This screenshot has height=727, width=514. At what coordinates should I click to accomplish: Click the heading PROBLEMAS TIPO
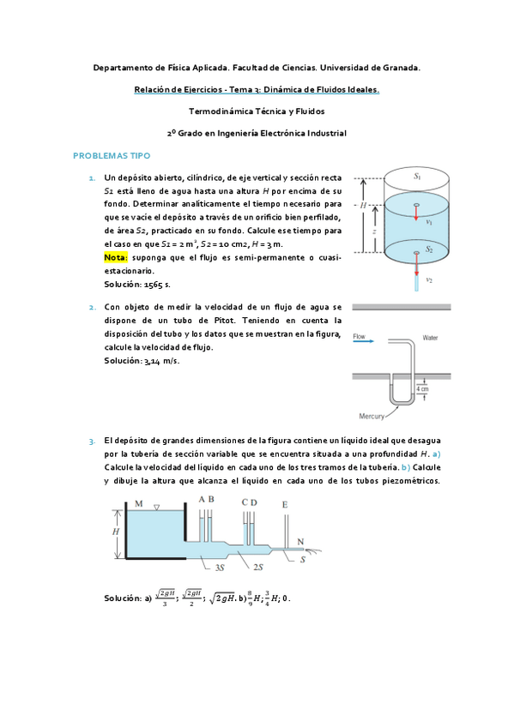click(x=112, y=156)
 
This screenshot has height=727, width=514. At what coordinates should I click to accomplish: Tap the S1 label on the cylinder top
click(x=417, y=176)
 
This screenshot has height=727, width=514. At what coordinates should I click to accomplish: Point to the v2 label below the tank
click(x=429, y=279)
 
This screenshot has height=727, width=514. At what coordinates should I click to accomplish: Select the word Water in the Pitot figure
click(x=430, y=338)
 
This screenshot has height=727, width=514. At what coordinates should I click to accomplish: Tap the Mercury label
click(x=372, y=416)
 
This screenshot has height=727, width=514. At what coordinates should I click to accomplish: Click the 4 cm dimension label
click(x=422, y=390)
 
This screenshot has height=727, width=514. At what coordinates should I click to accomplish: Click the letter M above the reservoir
click(x=140, y=504)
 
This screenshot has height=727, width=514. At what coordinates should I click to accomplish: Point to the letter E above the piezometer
click(x=285, y=504)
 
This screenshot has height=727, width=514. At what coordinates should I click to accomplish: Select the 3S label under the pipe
click(x=220, y=567)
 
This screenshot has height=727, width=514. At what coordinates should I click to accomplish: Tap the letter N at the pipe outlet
click(x=299, y=540)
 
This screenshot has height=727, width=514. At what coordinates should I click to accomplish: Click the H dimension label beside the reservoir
click(x=116, y=532)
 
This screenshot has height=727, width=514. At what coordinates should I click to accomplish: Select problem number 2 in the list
click(x=92, y=306)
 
